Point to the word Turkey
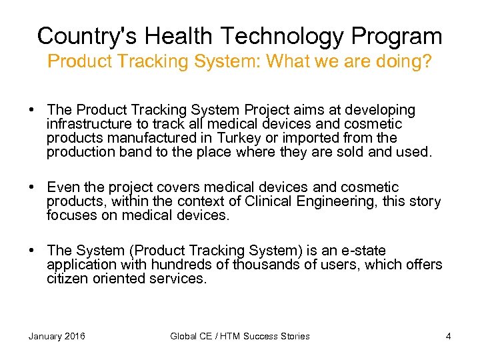[x=239, y=138]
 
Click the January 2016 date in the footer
[x=57, y=336]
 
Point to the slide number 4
[x=448, y=336]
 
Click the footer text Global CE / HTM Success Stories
[x=240, y=336]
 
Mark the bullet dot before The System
[x=32, y=251]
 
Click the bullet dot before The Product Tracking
[x=32, y=109]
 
